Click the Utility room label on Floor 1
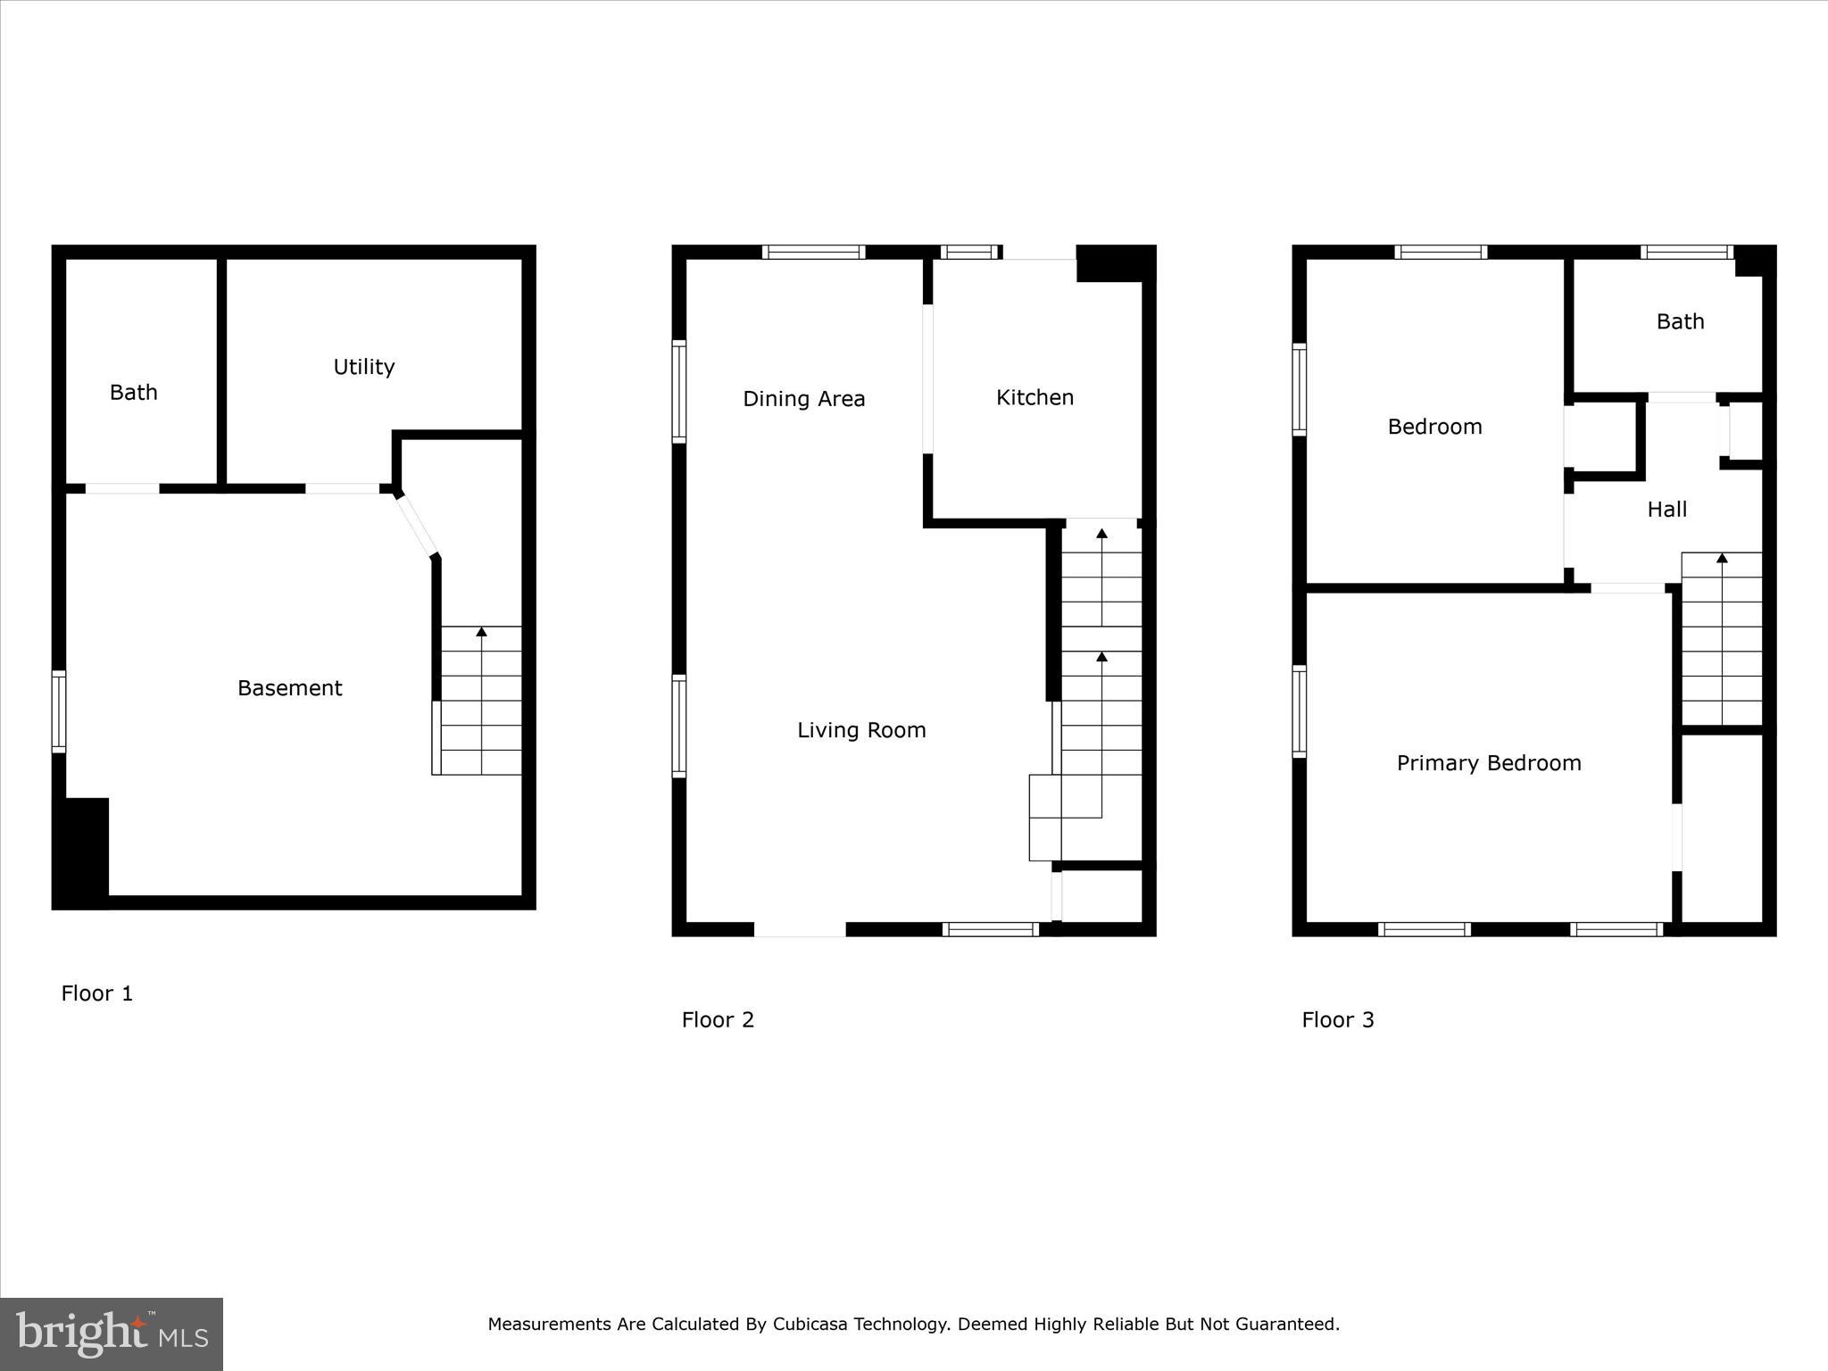click(363, 367)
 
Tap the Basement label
click(289, 688)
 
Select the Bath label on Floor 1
click(133, 393)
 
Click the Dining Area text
click(803, 399)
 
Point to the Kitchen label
click(1034, 398)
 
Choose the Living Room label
click(861, 730)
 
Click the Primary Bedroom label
click(1488, 763)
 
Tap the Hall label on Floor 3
click(1666, 510)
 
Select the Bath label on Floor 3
click(1680, 322)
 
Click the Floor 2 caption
click(718, 1020)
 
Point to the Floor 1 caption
click(96, 993)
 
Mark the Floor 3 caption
click(1337, 1020)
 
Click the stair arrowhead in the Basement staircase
click(482, 632)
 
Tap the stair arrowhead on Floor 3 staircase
click(1722, 559)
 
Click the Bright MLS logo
click(112, 1334)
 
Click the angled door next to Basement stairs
click(418, 526)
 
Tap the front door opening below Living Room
click(800, 930)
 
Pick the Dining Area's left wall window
click(679, 391)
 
